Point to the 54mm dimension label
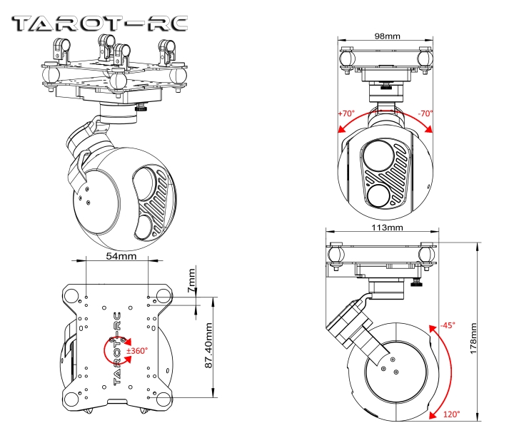(117, 255)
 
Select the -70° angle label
(425, 113)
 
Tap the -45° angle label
(448, 325)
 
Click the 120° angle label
(451, 414)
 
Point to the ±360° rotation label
(136, 351)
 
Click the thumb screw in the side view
(416, 286)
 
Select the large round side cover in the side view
(390, 367)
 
